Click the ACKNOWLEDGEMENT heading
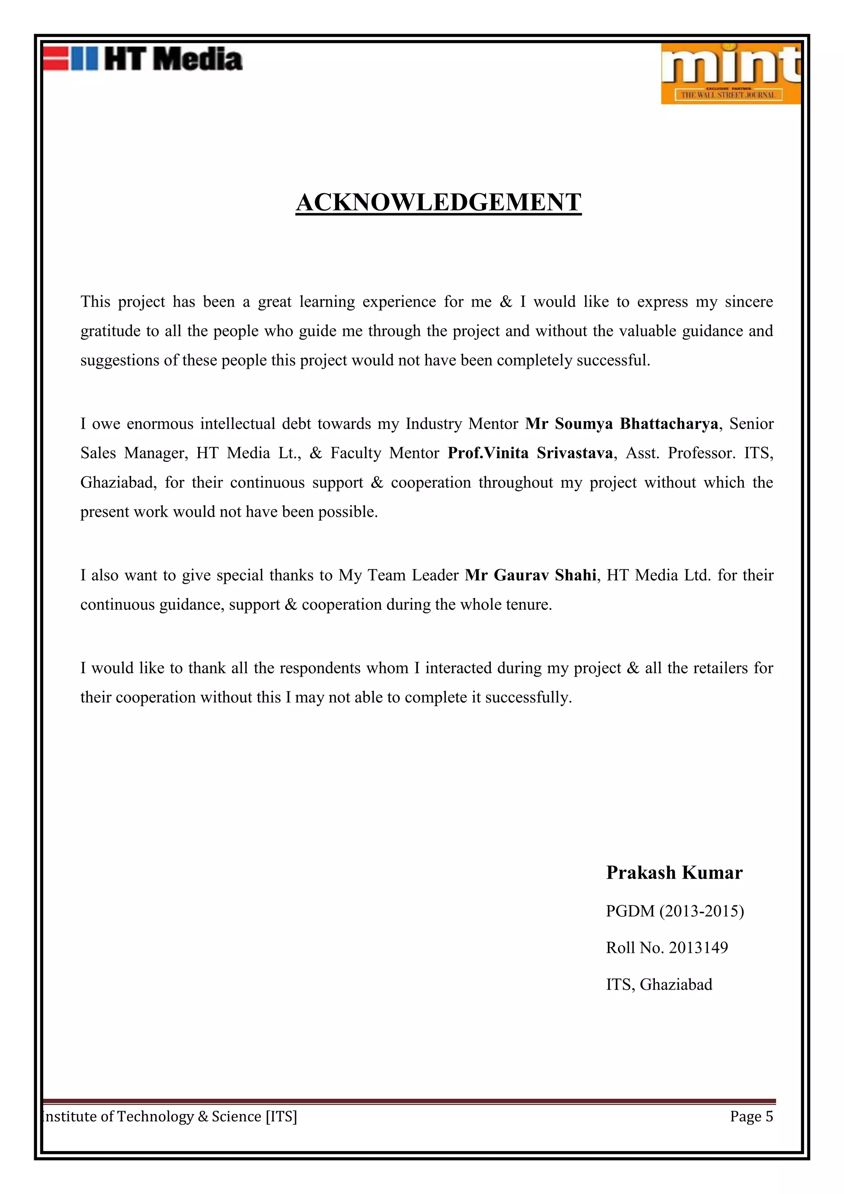click(438, 202)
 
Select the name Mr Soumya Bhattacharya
click(621, 424)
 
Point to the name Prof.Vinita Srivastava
click(530, 453)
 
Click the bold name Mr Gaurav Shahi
click(530, 575)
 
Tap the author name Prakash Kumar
click(674, 873)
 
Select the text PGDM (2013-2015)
click(675, 911)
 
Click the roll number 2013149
click(698, 947)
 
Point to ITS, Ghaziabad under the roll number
click(659, 985)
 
